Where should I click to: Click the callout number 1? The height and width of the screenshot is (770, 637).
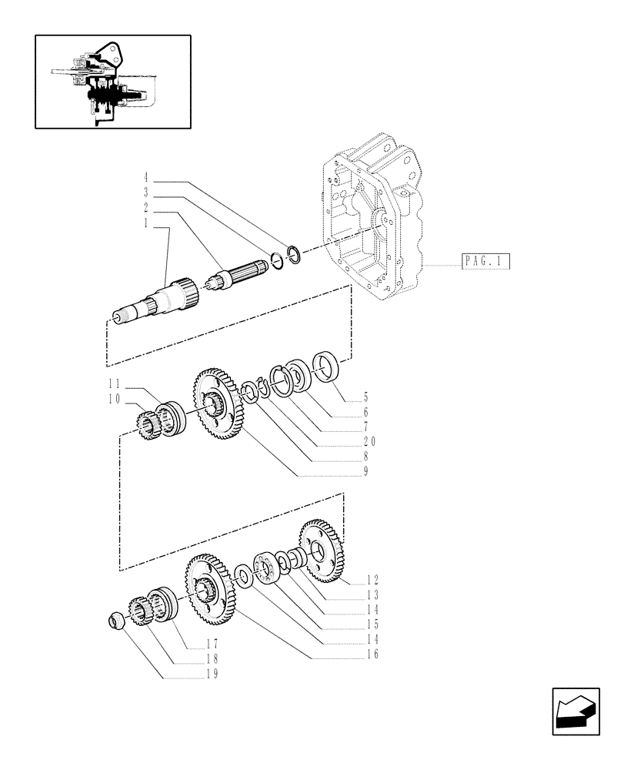(x=145, y=222)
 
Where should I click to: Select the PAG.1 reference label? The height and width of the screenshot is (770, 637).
(x=485, y=262)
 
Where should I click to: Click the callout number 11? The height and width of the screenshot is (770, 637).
(x=115, y=384)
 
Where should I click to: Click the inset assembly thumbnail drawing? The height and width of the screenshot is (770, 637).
(x=112, y=81)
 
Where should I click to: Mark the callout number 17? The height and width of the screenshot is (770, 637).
(x=212, y=644)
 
